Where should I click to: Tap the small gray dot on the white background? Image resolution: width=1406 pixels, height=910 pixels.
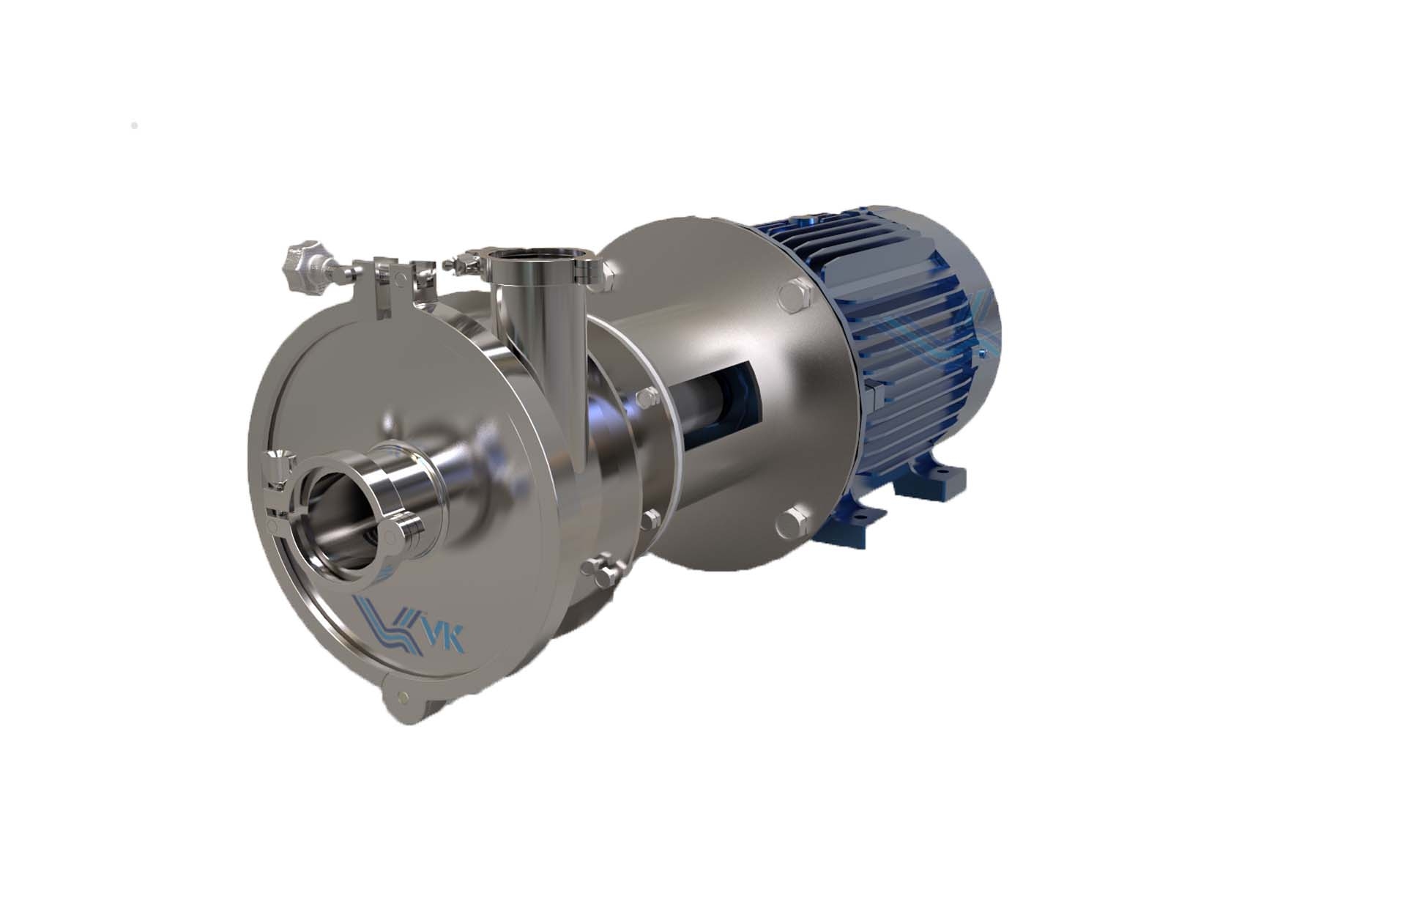click(x=134, y=126)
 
